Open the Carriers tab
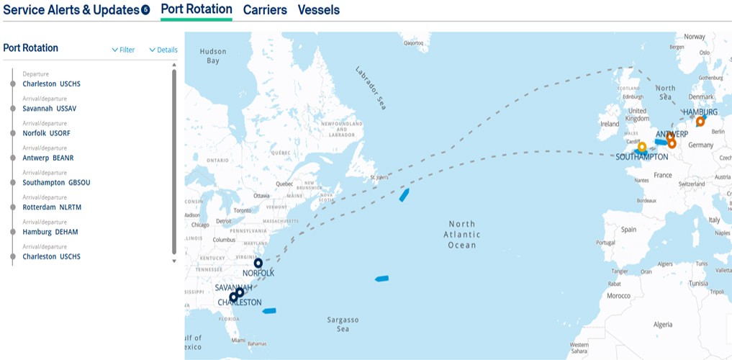coord(265,10)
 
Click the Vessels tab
coord(318,10)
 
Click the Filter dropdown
coord(123,50)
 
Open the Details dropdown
coord(163,50)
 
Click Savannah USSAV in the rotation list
coord(49,108)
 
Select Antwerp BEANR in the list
coord(48,158)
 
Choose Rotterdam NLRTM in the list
coord(52,207)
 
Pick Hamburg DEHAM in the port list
coord(50,232)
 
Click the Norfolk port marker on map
coord(258,263)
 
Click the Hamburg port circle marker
coord(700,122)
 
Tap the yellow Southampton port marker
coord(642,146)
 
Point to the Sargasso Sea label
coord(343,324)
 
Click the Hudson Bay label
coord(213,56)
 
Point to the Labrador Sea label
coord(372,87)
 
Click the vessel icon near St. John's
coord(405,194)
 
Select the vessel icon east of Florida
coord(269,311)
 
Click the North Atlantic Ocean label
coord(461,235)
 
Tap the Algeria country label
coord(663,325)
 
